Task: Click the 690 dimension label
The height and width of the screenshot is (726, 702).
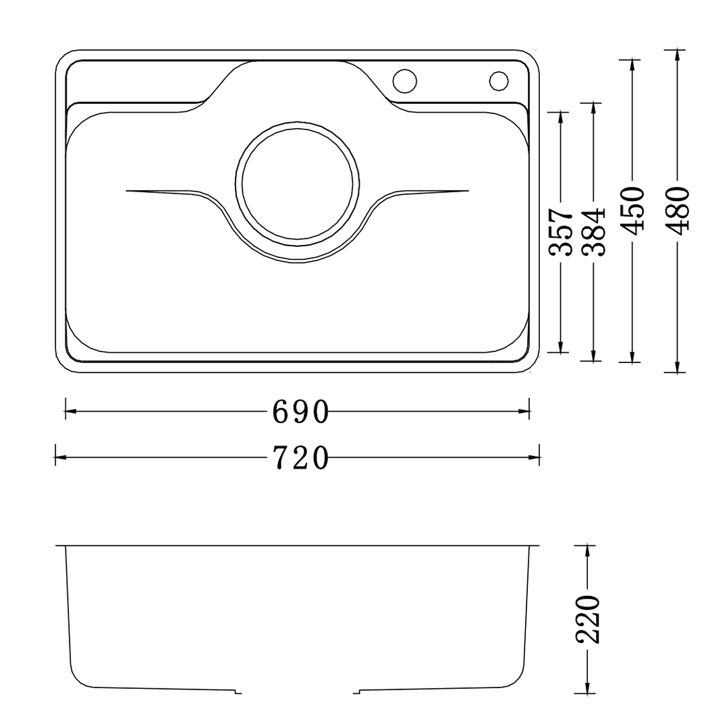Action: pyautogui.click(x=300, y=412)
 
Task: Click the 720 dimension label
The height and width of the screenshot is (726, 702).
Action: pyautogui.click(x=300, y=458)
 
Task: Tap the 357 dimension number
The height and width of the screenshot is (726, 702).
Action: pyautogui.click(x=561, y=232)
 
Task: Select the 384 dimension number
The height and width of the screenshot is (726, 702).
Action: pyautogui.click(x=593, y=232)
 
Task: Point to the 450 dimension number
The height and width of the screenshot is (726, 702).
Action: pyautogui.click(x=632, y=211)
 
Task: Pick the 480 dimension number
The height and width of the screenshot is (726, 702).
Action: pyautogui.click(x=676, y=211)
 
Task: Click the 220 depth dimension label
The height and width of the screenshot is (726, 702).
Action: pyautogui.click(x=588, y=619)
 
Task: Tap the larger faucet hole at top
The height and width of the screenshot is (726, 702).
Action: pyautogui.click(x=405, y=80)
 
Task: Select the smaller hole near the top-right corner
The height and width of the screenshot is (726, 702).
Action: pyautogui.click(x=498, y=80)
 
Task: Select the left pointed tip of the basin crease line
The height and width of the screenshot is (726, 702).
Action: pyautogui.click(x=128, y=191)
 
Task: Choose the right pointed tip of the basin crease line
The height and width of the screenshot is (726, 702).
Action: pyautogui.click(x=466, y=191)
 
